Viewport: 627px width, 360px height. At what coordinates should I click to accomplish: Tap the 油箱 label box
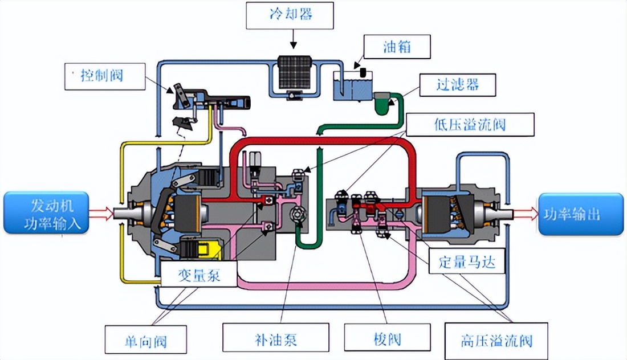point(397,47)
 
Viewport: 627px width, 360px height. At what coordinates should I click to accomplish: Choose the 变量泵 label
point(190,276)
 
